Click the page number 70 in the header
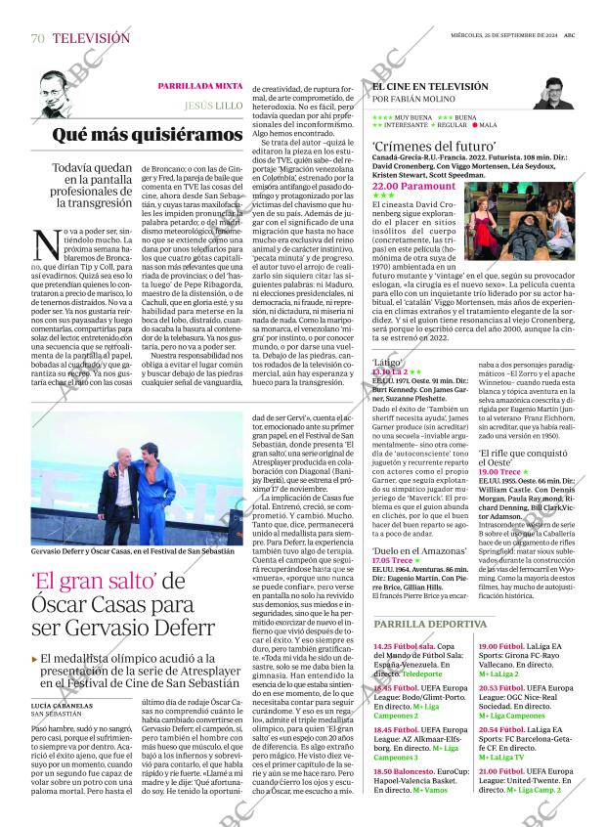(x=37, y=38)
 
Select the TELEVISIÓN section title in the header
(x=90, y=38)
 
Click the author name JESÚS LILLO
(x=214, y=105)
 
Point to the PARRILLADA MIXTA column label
(x=201, y=86)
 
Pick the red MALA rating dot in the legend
(x=475, y=125)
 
